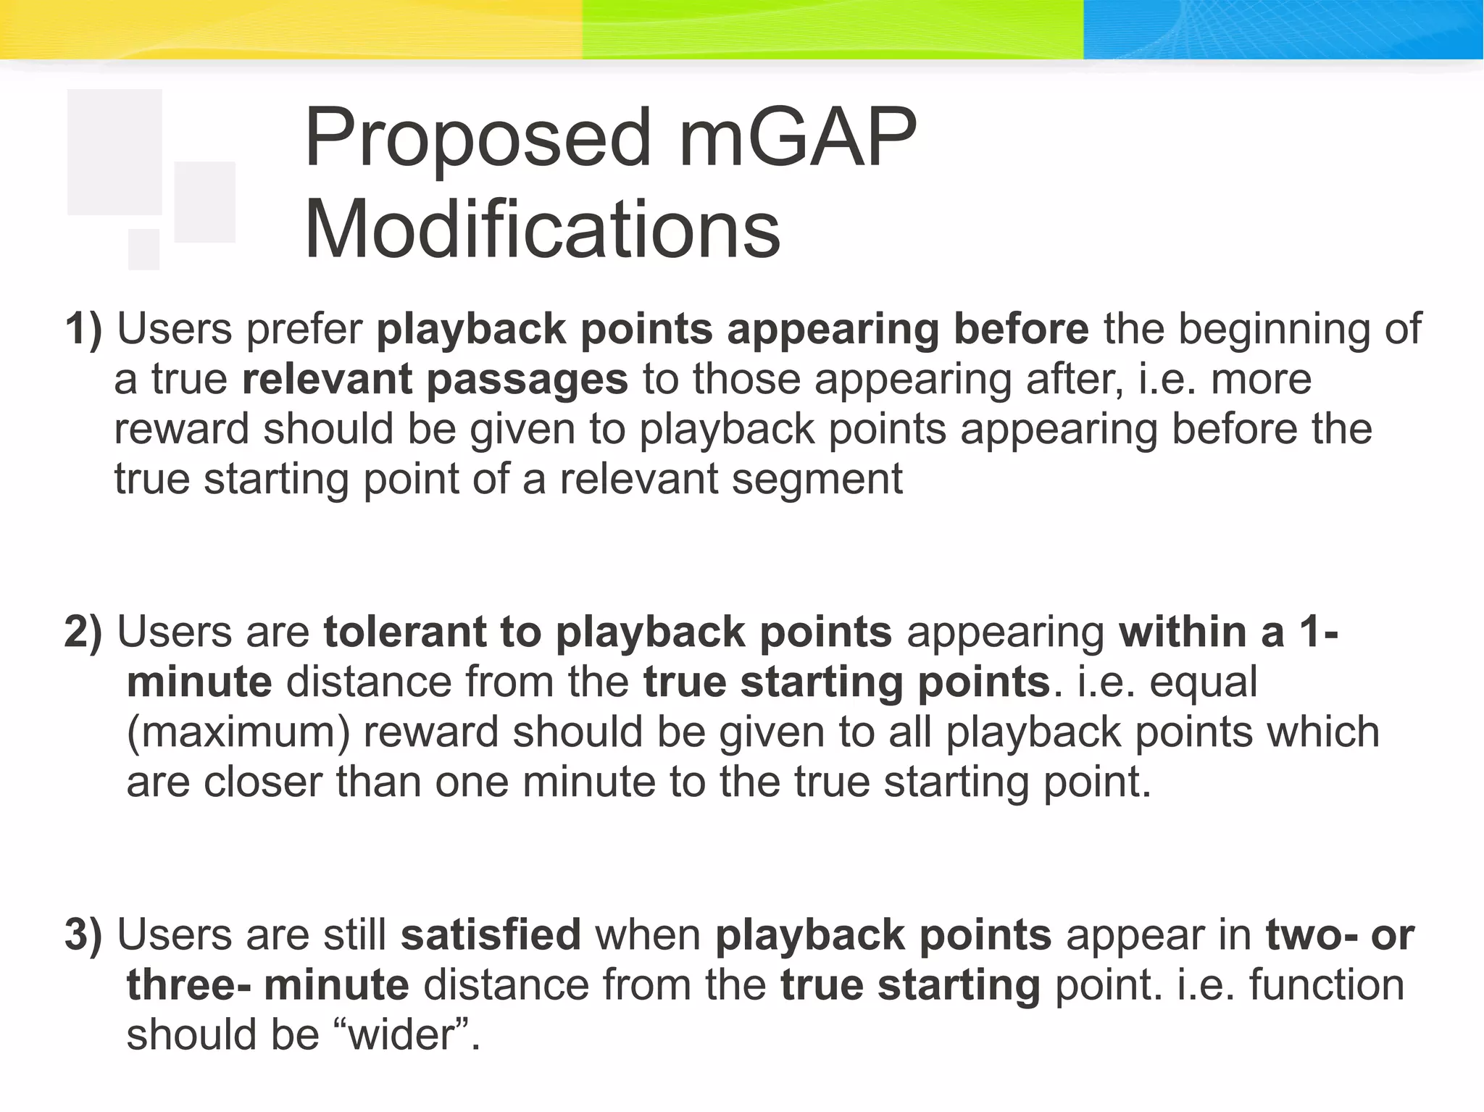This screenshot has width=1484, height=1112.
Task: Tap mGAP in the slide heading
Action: [x=797, y=138]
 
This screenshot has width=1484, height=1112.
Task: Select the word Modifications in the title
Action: [x=542, y=230]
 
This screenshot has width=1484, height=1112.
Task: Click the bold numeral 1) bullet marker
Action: [x=83, y=329]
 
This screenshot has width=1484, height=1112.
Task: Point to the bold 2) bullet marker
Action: [x=83, y=632]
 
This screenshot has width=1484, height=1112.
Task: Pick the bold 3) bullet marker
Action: [x=83, y=935]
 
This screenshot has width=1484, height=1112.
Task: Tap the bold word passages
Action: [x=527, y=380]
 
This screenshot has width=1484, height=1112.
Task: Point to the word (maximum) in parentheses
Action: [x=238, y=732]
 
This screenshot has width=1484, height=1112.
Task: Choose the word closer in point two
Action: [x=262, y=782]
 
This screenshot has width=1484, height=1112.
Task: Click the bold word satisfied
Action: [x=491, y=935]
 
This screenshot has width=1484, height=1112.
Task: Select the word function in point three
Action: [x=1326, y=985]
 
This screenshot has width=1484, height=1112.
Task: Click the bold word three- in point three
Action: [x=189, y=985]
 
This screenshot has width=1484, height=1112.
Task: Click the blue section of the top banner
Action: [x=1283, y=29]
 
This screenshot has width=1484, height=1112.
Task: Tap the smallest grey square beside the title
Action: [x=143, y=249]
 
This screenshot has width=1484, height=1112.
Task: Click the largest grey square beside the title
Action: [x=114, y=152]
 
